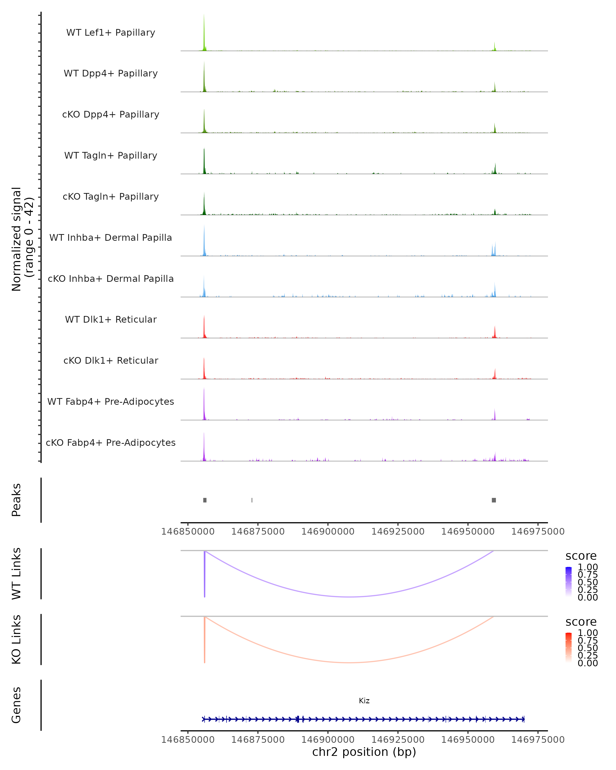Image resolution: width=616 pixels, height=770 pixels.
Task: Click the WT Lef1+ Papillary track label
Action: [111, 33]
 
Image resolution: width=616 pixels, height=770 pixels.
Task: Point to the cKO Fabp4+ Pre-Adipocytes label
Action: [111, 442]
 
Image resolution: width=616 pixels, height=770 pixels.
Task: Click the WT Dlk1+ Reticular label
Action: [111, 319]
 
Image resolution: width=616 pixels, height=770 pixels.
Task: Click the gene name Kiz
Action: [364, 701]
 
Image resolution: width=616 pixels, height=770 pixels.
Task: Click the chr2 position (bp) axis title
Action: [364, 752]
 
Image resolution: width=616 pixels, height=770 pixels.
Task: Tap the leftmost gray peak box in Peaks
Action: [205, 500]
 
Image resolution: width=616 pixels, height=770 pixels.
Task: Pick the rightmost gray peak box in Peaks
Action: [494, 500]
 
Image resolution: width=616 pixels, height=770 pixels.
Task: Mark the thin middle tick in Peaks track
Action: [252, 500]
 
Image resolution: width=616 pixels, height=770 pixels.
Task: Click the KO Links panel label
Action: [16, 639]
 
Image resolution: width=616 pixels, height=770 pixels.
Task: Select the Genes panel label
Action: [16, 705]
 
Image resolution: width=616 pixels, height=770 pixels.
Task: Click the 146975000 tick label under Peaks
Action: [538, 532]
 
